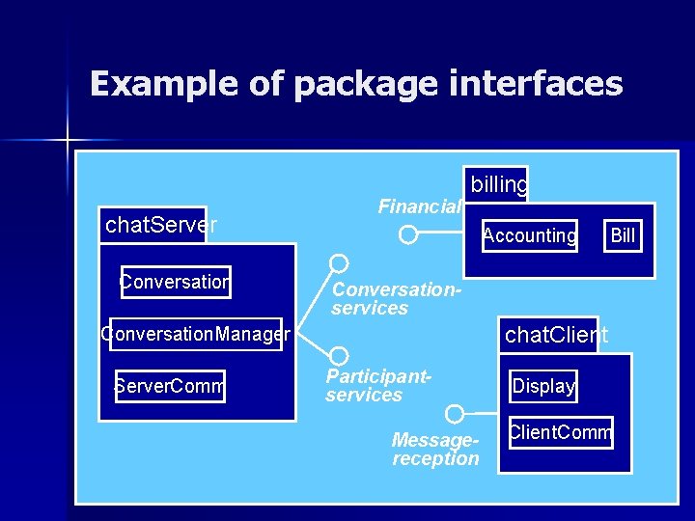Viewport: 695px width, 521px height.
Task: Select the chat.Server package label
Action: pyautogui.click(x=159, y=225)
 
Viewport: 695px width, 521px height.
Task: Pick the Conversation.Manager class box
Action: pyautogui.click(x=195, y=334)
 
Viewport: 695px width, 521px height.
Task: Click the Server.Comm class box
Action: pyautogui.click(x=169, y=386)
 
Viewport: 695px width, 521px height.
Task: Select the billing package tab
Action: pyautogui.click(x=498, y=184)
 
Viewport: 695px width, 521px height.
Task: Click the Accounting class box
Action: pyautogui.click(x=530, y=235)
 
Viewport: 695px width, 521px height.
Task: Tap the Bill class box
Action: pyautogui.click(x=624, y=235)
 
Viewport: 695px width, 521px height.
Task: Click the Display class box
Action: pyautogui.click(x=543, y=386)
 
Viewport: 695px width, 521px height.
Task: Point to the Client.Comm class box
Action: pyautogui.click(x=561, y=432)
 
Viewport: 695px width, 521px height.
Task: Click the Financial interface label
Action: pyautogui.click(x=419, y=206)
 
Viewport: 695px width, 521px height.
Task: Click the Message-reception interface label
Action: pyautogui.click(x=435, y=449)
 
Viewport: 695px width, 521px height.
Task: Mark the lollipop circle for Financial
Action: pyautogui.click(x=408, y=234)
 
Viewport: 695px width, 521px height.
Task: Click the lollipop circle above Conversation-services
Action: pyautogui.click(x=339, y=262)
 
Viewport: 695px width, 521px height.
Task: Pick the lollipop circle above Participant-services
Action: pyautogui.click(x=339, y=356)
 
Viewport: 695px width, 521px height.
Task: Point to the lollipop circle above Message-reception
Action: pyautogui.click(x=455, y=414)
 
